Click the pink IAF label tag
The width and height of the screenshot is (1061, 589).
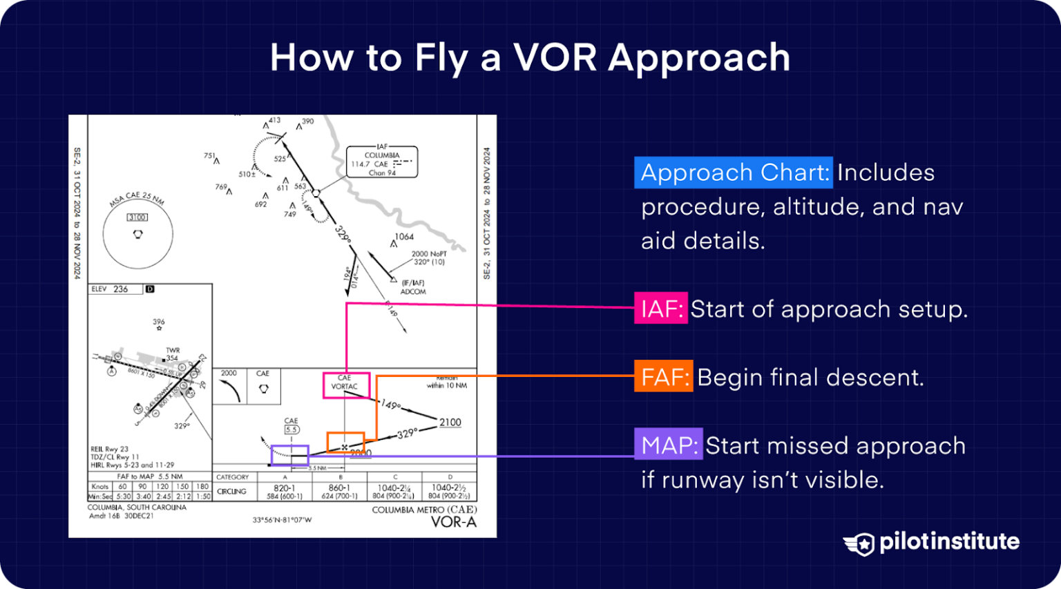pos(660,309)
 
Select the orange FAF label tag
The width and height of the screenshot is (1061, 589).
pos(663,377)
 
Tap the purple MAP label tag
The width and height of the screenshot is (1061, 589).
pos(668,445)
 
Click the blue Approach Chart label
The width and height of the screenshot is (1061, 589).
pos(734,173)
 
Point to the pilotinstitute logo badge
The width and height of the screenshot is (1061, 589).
pos(859,543)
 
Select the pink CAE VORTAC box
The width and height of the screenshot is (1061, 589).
pos(346,385)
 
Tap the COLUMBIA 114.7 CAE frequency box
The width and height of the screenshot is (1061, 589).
pos(381,162)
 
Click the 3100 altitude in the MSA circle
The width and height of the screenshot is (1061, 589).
pos(137,218)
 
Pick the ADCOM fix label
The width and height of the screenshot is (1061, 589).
pos(413,292)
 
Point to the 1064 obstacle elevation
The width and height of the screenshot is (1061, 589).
pos(404,237)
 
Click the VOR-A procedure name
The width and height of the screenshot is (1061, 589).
pos(453,522)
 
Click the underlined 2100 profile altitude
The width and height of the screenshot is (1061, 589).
pos(450,423)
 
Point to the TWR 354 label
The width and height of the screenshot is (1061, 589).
pos(172,354)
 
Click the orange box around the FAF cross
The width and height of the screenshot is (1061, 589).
pos(345,443)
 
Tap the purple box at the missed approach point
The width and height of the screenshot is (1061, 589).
pos(289,455)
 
